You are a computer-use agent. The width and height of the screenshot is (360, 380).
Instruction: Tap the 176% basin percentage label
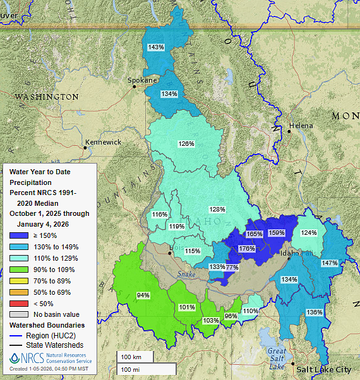pos(247,249)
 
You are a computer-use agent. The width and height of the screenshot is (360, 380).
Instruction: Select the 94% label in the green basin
pos(143,295)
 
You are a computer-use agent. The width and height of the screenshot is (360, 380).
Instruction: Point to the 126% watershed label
pos(186,144)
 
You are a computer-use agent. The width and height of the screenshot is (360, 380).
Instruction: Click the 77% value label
pos(232,268)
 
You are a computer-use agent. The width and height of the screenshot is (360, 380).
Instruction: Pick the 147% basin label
pos(330,263)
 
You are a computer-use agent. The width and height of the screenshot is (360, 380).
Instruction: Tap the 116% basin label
pos(160,215)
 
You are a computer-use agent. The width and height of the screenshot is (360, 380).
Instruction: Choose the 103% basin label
pos(210,320)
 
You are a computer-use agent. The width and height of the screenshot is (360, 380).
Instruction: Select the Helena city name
pos(301,126)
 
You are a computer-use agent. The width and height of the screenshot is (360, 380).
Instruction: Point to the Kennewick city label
pos(103,142)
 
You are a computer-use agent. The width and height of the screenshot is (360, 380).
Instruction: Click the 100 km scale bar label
pos(131,357)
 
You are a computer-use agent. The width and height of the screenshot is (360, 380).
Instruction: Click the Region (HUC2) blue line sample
pos(16,336)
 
